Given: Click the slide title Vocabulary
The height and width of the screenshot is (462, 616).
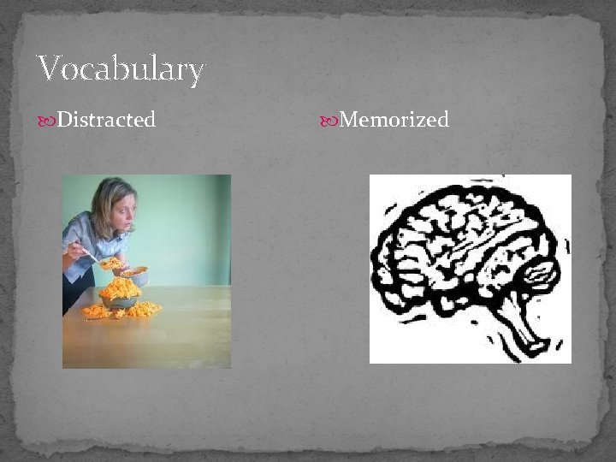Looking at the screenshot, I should [121, 69].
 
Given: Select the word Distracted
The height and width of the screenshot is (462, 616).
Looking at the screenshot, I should [106, 120].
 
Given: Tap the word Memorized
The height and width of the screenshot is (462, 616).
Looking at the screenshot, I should [394, 120].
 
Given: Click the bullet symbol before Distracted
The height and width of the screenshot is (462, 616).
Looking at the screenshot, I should [46, 121].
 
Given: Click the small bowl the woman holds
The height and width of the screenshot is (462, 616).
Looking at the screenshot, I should [134, 275].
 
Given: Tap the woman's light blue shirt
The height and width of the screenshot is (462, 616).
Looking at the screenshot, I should [86, 235].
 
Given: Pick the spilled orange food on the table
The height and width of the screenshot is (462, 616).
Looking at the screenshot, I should [140, 310].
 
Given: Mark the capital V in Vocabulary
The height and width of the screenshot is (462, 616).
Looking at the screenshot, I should [50, 69].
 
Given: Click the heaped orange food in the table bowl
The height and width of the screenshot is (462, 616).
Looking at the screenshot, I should [119, 289].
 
